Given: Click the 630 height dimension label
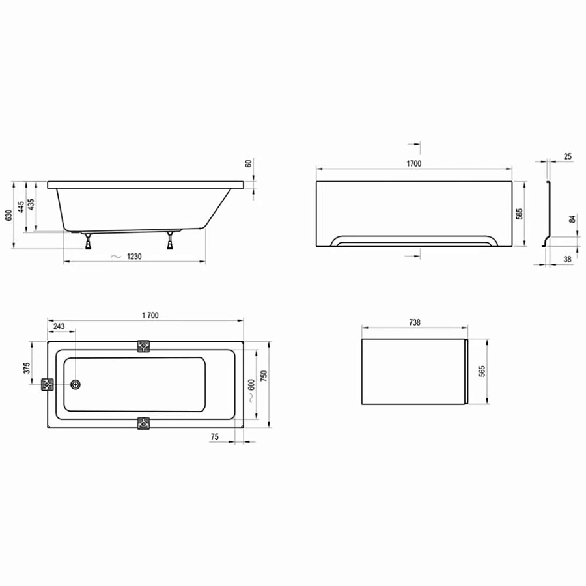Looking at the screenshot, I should (x=9, y=215).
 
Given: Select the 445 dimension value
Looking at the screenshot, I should (x=21, y=207).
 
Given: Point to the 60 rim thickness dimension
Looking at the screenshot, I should (x=249, y=164).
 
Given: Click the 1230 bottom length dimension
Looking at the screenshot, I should (x=133, y=257).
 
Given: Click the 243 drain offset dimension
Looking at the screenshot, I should (x=59, y=326).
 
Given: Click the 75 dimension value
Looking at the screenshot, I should (x=214, y=437).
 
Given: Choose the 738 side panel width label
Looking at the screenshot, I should (x=415, y=322).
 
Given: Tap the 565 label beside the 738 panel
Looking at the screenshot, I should (x=482, y=371).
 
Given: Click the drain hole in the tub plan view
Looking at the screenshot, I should (x=77, y=385).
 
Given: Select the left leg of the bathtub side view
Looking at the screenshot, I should (x=87, y=240).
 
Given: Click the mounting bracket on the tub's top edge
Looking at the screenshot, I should (x=143, y=346).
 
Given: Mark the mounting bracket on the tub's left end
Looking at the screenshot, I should (x=48, y=385).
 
